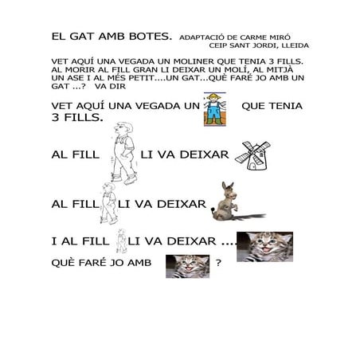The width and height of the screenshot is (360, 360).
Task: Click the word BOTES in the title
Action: [x=151, y=36]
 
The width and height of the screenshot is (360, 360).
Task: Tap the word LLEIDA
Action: [x=296, y=45]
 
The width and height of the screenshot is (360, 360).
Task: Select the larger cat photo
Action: [x=264, y=246]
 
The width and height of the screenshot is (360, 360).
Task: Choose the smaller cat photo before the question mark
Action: [x=187, y=266]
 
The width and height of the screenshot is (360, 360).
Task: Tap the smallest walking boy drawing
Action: [x=122, y=241]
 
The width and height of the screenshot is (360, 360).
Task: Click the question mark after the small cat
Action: [x=218, y=265]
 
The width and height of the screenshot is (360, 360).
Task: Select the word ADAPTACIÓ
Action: [x=206, y=37]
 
